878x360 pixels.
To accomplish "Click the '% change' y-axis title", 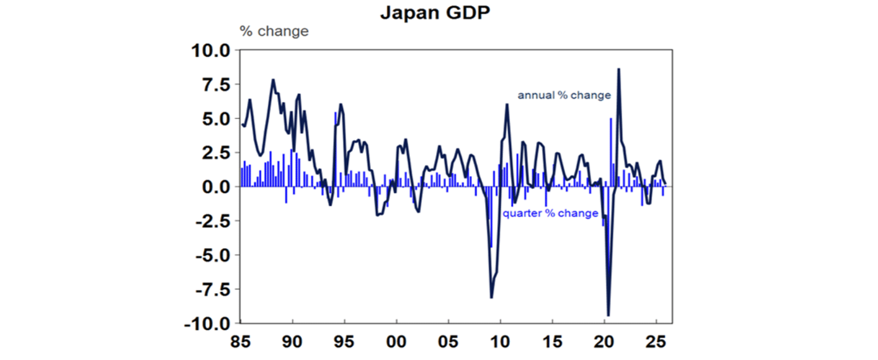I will [x=274, y=31].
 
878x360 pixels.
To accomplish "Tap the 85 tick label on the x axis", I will [x=241, y=344].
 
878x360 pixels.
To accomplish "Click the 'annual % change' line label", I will [x=564, y=95].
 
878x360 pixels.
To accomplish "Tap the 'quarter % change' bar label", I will [x=550, y=214].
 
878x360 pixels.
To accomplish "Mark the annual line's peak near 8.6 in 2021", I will [x=618, y=70].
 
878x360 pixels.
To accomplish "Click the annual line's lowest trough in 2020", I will [x=608, y=315].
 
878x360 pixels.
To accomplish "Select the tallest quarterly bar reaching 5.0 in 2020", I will [x=611, y=119].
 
